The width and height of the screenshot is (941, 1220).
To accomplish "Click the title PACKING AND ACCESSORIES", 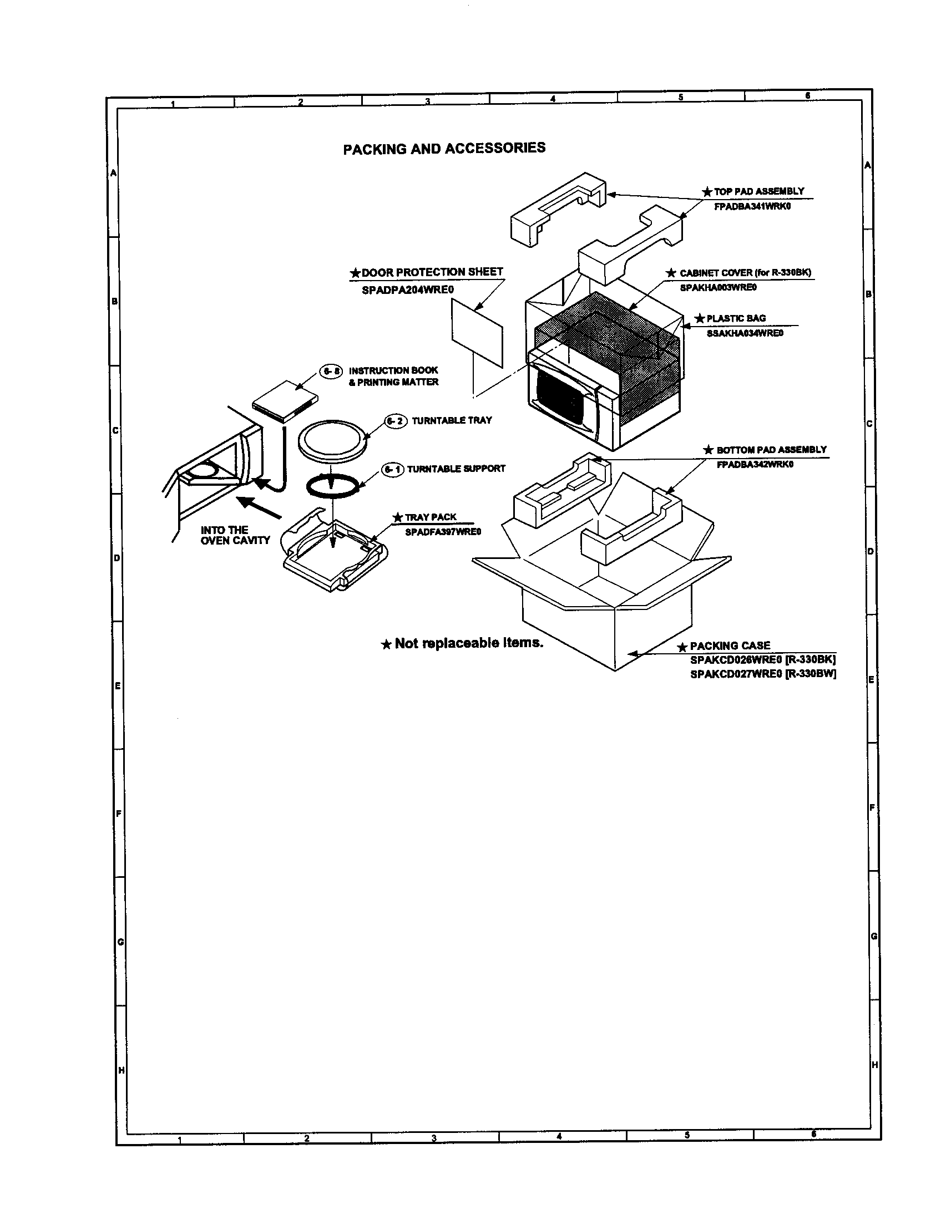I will point(444,149).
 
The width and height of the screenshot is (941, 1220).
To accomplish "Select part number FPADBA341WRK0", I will point(752,206).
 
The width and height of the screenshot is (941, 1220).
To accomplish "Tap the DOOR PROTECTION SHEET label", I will point(432,272).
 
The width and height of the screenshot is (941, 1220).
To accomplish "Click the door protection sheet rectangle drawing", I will point(477,332).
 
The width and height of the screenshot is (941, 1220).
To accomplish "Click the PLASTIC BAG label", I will point(735,318).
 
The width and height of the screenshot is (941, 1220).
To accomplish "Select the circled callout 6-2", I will point(396,421).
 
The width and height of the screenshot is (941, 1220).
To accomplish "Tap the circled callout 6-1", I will point(392,469).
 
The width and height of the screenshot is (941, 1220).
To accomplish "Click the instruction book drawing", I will point(285,401).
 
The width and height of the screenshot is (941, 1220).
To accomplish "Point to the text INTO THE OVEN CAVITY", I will point(235,535).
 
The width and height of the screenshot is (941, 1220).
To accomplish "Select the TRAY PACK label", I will point(430,517).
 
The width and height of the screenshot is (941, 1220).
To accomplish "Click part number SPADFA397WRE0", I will point(443,532).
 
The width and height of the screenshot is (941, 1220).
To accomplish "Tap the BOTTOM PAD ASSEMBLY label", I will point(771,450).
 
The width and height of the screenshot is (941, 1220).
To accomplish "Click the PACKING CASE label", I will point(729,645).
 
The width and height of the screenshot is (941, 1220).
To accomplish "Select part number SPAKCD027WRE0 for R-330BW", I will point(736,674).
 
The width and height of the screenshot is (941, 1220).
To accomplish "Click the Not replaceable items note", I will point(468,643).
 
